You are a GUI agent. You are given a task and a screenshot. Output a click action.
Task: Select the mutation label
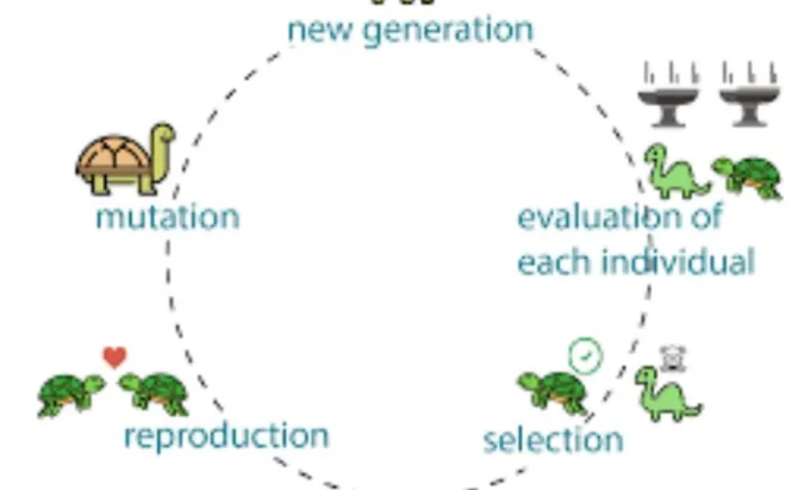pos(168,218)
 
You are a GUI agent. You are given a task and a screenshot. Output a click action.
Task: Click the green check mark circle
pos(586,356)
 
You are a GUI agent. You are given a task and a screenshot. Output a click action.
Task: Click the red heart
pos(115,357)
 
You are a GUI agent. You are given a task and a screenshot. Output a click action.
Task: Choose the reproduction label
pos(227,436)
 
